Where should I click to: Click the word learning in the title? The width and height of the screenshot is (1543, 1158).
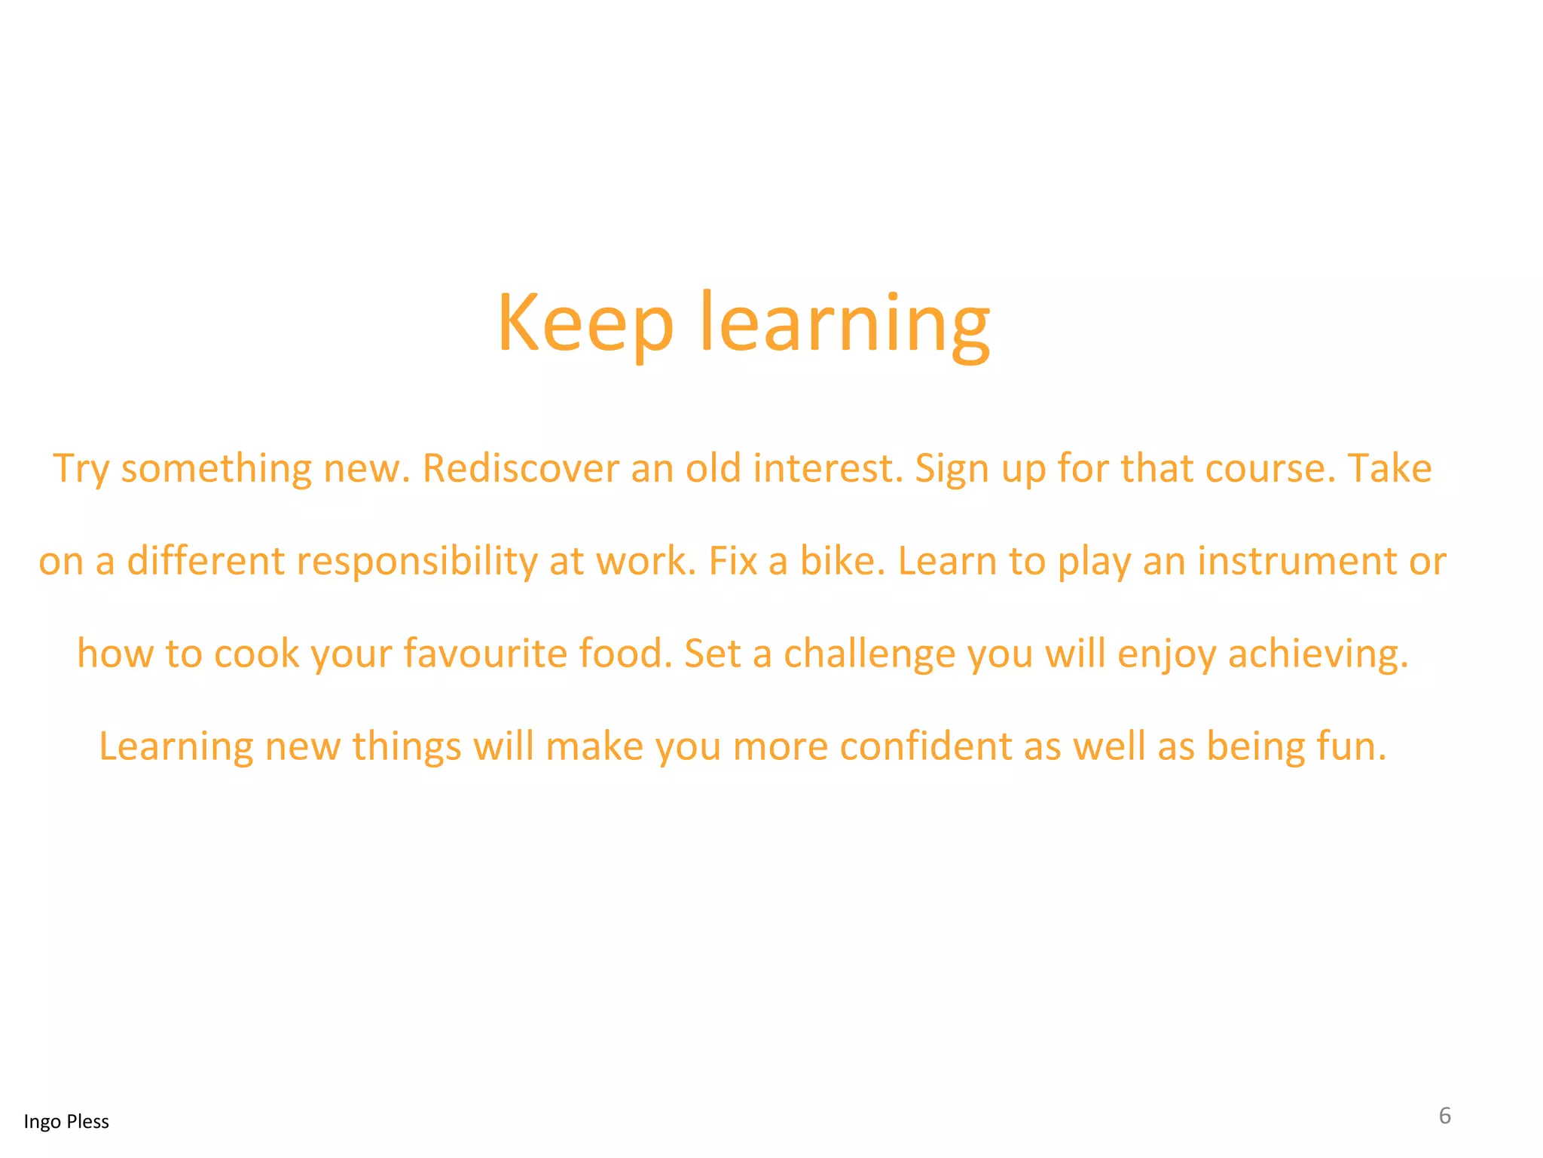(x=845, y=324)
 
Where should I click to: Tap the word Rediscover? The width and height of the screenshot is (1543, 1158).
(x=521, y=468)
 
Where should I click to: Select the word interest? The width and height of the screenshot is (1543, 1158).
(x=827, y=468)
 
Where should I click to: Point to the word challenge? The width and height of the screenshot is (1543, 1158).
(x=869, y=654)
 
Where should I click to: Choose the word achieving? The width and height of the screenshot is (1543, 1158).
(x=1318, y=654)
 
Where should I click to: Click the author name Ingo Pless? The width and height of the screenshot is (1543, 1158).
(x=66, y=1122)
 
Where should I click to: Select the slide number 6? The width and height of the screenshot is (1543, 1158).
(x=1444, y=1116)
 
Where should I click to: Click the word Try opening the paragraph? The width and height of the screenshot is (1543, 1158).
(x=81, y=470)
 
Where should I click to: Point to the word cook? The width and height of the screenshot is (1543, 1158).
(x=256, y=654)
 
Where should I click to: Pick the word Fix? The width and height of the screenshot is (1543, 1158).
(x=732, y=561)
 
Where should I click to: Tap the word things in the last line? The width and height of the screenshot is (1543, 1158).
(x=406, y=747)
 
